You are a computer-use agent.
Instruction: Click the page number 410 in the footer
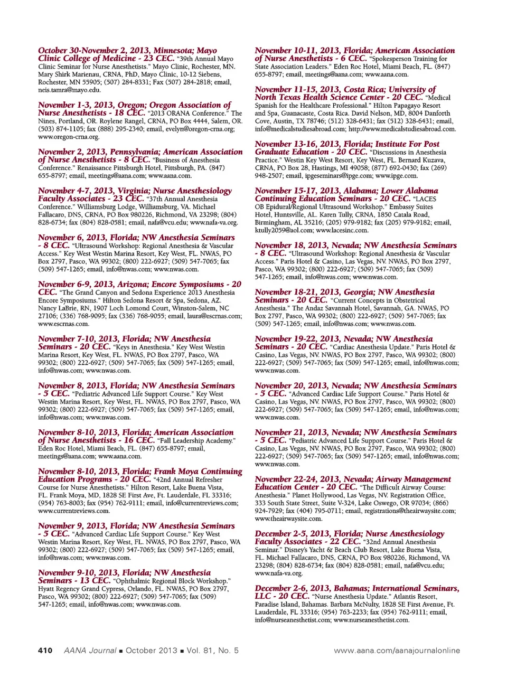[45, 650]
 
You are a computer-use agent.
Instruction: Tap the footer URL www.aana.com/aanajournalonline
[397, 650]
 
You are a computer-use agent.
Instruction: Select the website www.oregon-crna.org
[69, 137]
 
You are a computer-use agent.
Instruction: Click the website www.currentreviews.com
[74, 511]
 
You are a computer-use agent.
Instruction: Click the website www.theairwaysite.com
[288, 519]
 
